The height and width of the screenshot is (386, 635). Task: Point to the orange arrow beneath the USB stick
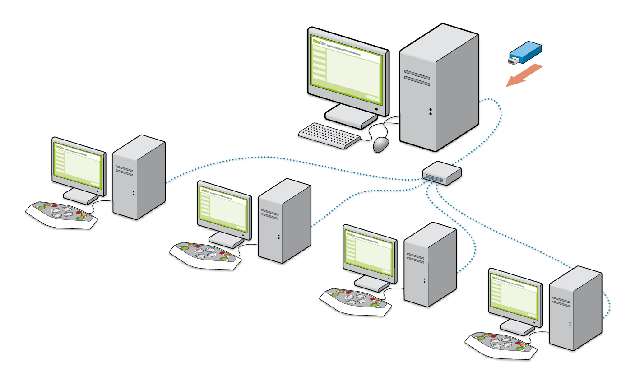tap(524, 75)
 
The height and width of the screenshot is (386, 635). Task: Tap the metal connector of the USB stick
tap(513, 60)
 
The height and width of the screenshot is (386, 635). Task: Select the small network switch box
tap(442, 172)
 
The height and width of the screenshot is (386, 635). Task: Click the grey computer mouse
tap(381, 144)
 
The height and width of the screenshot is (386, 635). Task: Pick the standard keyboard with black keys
tap(329, 135)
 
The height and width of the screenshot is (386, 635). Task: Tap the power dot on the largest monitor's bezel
tap(376, 109)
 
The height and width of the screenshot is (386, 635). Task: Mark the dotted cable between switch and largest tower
tap(490, 126)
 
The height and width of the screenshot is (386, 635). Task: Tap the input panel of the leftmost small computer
tap(62, 214)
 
